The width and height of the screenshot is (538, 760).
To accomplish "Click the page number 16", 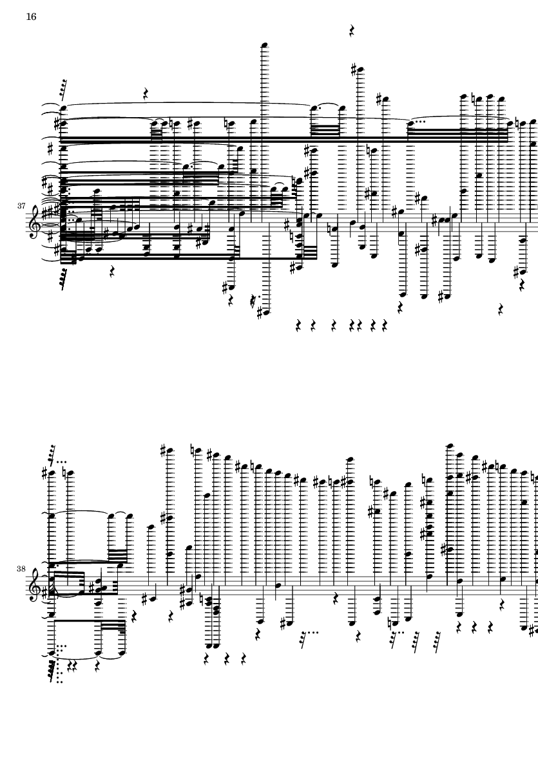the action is [31, 17].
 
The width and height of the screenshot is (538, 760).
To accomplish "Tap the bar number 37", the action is [21, 206].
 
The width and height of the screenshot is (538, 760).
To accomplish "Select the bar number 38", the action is [21, 568].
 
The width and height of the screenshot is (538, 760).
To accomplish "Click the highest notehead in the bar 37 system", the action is [264, 46].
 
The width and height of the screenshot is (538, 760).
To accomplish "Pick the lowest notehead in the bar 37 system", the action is [264, 313].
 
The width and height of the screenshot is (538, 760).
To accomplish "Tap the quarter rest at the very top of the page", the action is [352, 31].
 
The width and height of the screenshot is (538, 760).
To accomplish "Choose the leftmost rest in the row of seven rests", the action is [299, 326].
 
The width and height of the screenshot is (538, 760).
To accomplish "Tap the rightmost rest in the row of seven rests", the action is [385, 326].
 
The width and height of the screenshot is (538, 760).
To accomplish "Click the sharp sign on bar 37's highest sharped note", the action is [354, 70].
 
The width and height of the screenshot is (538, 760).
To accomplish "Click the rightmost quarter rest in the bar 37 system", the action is [522, 286].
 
